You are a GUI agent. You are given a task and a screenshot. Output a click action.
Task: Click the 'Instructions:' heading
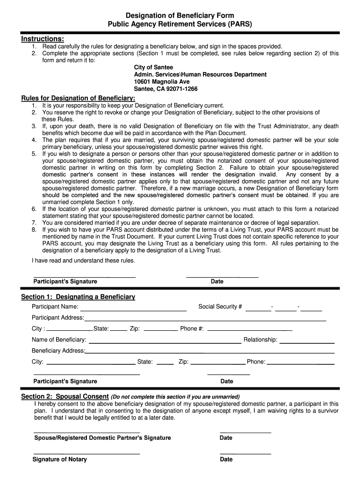[x=43, y=38]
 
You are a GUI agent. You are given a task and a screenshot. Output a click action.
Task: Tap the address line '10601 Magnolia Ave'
[x=162, y=81]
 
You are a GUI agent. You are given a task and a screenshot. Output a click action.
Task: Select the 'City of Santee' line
[x=153, y=67]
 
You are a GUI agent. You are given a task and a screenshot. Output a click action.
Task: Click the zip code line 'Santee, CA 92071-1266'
[x=166, y=89]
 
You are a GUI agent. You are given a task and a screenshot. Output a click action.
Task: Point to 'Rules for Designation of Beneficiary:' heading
[x=79, y=98]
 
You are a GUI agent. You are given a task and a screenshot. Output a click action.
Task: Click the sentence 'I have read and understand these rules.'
[x=83, y=261]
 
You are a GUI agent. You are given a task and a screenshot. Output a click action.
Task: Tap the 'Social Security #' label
[x=220, y=307]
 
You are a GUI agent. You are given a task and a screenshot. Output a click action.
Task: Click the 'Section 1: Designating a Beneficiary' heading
[x=78, y=297]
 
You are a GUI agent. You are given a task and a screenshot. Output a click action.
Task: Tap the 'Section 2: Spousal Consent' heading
[x=65, y=396]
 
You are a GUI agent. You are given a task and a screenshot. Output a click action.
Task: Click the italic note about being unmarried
[x=175, y=397]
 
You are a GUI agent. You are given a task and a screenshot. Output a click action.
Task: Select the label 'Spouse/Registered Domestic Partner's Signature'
[x=103, y=438]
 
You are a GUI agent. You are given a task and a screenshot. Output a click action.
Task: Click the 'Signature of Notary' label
[x=60, y=459]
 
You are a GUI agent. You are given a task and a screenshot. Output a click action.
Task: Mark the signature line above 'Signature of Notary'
[x=87, y=454]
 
